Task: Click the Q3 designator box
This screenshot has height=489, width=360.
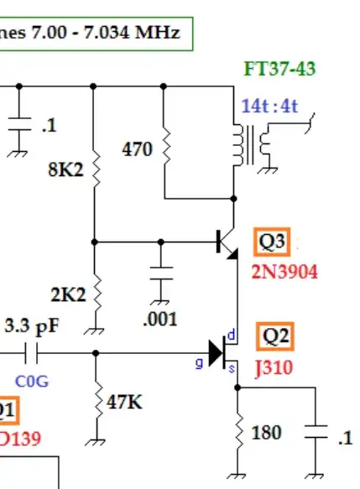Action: coord(274,244)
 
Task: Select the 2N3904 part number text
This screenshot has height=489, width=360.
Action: coord(284,273)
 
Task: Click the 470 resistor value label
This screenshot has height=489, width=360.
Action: coord(138,149)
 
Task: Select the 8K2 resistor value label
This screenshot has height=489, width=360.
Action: coord(65,169)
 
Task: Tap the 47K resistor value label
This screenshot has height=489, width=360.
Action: coord(123,403)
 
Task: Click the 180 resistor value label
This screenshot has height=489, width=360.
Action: coord(266,433)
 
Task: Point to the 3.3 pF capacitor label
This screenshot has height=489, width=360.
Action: coord(30,325)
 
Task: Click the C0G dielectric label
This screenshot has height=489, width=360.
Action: coord(32,382)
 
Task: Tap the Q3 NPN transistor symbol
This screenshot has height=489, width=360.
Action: coord(227,242)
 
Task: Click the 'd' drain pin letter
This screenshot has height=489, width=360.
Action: coord(232,336)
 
